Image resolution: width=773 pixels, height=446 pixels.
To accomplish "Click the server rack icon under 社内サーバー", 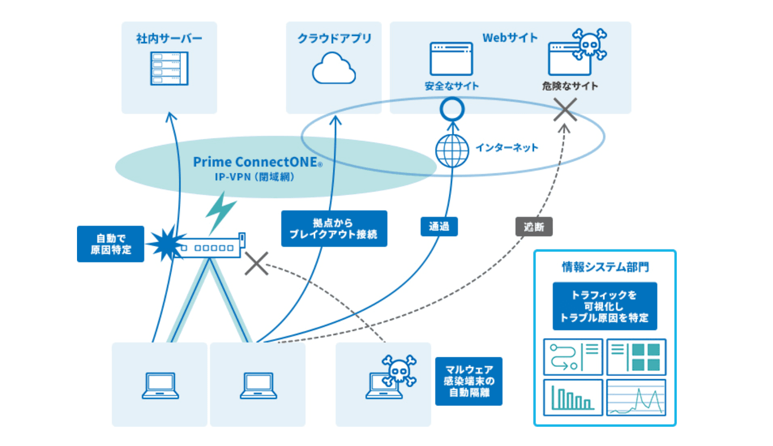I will click(x=169, y=68).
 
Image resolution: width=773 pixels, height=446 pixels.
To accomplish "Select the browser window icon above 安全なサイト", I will click(x=451, y=59).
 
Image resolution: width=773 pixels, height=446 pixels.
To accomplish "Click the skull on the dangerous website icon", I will click(x=589, y=45).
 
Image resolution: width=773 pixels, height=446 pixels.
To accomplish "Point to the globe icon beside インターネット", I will click(x=452, y=151).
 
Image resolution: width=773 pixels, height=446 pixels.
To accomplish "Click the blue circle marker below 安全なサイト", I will click(x=452, y=109).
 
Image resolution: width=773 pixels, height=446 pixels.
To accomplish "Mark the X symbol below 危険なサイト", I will click(x=565, y=109).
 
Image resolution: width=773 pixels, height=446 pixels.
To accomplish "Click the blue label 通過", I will click(x=439, y=227).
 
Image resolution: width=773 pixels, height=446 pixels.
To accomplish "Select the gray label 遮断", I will click(x=534, y=227).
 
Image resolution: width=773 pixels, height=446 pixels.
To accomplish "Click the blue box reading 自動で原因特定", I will click(x=110, y=244).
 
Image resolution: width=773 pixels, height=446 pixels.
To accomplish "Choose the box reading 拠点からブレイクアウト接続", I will click(x=334, y=229).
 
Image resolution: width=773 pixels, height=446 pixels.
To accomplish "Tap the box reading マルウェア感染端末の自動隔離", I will click(x=469, y=381).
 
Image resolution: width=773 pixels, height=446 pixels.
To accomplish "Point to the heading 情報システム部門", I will click(x=605, y=267).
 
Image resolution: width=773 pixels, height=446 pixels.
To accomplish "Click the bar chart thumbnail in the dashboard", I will click(x=573, y=397).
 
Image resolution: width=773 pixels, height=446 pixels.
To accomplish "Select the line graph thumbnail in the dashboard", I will click(x=636, y=397).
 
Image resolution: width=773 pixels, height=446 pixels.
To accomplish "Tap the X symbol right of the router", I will click(x=257, y=264).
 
